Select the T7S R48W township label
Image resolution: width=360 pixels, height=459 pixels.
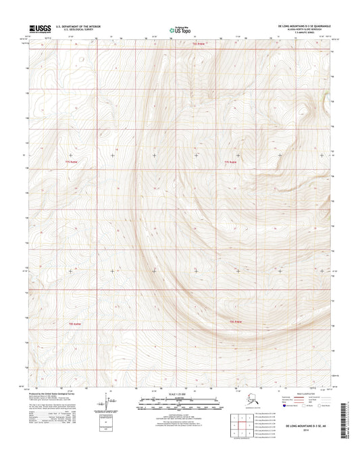tap(232, 162)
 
